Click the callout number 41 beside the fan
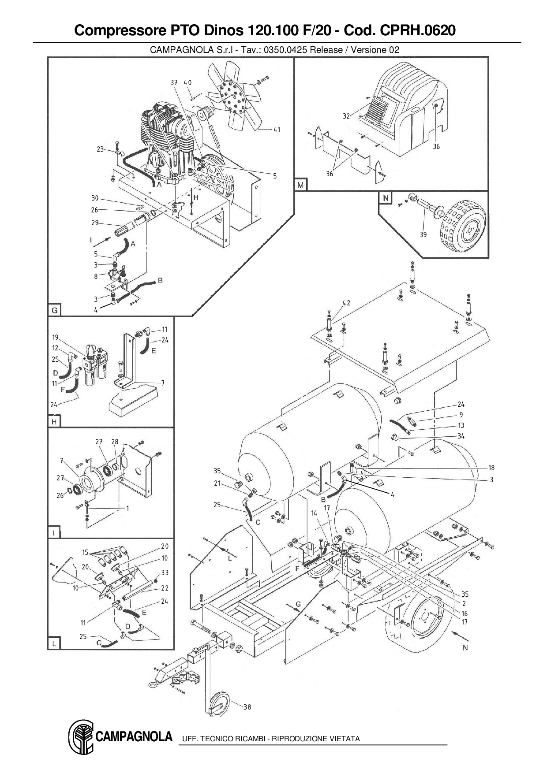277,130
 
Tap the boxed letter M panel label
300,185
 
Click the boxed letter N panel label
386,198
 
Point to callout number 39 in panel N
423,234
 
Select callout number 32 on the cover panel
346,116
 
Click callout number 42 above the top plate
346,303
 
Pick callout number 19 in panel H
55,338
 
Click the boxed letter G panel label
54,310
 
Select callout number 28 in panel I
115,442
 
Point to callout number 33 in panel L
165,572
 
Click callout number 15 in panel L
86,552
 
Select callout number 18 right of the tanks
491,468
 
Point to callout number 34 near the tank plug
461,436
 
